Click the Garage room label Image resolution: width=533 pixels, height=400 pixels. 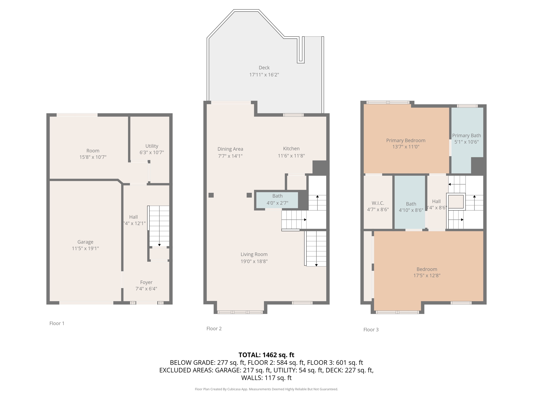pyautogui.click(x=85, y=242)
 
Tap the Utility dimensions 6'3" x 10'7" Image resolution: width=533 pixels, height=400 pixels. pyautogui.click(x=151, y=153)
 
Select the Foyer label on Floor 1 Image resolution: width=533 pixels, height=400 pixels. pyautogui.click(x=146, y=282)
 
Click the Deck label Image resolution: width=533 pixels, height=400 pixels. pyautogui.click(x=264, y=68)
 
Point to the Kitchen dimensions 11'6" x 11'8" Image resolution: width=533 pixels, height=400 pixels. pyautogui.click(x=291, y=156)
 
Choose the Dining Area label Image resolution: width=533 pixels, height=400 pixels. pyautogui.click(x=230, y=149)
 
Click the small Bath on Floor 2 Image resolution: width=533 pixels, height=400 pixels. pyautogui.click(x=277, y=199)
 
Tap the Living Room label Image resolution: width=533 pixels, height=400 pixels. pyautogui.click(x=254, y=254)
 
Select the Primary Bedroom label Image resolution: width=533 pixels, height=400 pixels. pyautogui.click(x=405, y=140)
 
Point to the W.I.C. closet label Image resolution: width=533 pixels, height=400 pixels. pyautogui.click(x=378, y=203)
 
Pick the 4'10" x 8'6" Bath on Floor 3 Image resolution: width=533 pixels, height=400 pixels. pyautogui.click(x=411, y=207)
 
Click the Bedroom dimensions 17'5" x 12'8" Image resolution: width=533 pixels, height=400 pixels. pyautogui.click(x=427, y=276)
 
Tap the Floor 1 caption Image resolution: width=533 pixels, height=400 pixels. pyautogui.click(x=57, y=323)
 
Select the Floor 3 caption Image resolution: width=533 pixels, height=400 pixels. pyautogui.click(x=371, y=330)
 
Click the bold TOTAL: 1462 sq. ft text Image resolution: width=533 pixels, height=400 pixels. pyautogui.click(x=266, y=355)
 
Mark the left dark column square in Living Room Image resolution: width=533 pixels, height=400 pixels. pyautogui.click(x=211, y=195)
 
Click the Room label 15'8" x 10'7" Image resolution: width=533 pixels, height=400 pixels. pyautogui.click(x=93, y=151)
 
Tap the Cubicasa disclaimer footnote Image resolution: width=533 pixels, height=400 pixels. pyautogui.click(x=266, y=389)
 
